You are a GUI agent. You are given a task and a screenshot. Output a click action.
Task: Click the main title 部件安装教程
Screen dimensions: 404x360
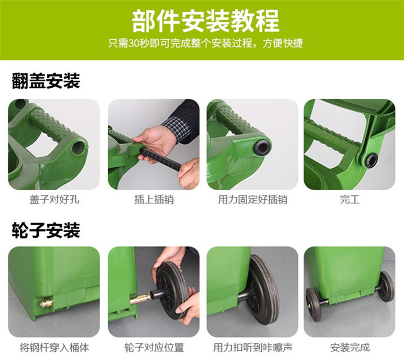(x=205, y=21)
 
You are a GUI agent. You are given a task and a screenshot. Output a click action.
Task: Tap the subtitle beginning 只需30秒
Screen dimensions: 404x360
(x=205, y=43)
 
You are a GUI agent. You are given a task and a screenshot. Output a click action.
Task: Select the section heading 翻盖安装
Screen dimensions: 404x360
(x=46, y=81)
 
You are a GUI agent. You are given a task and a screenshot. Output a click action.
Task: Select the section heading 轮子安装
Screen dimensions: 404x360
(x=46, y=230)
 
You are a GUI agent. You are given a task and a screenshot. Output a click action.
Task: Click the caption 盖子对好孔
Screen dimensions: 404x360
(x=54, y=200)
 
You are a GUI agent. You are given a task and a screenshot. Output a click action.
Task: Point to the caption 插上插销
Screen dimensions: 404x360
(x=154, y=200)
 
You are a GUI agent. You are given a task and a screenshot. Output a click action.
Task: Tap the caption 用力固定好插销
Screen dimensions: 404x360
(x=253, y=200)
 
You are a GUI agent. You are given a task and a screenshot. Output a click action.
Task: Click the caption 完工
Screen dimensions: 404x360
(x=350, y=200)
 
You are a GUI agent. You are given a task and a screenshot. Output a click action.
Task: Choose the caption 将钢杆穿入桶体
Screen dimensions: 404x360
(x=54, y=348)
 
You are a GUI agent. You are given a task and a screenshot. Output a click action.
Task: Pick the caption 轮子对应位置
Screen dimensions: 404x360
(x=154, y=348)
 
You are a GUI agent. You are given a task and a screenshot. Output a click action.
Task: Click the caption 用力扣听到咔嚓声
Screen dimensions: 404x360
(x=253, y=348)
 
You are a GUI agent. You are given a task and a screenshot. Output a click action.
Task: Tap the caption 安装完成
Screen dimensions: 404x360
(x=350, y=348)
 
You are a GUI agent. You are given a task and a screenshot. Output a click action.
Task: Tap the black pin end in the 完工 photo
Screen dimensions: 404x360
(x=371, y=160)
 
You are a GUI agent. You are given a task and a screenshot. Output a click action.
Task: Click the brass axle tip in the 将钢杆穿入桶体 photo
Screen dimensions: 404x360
(x=46, y=302)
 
